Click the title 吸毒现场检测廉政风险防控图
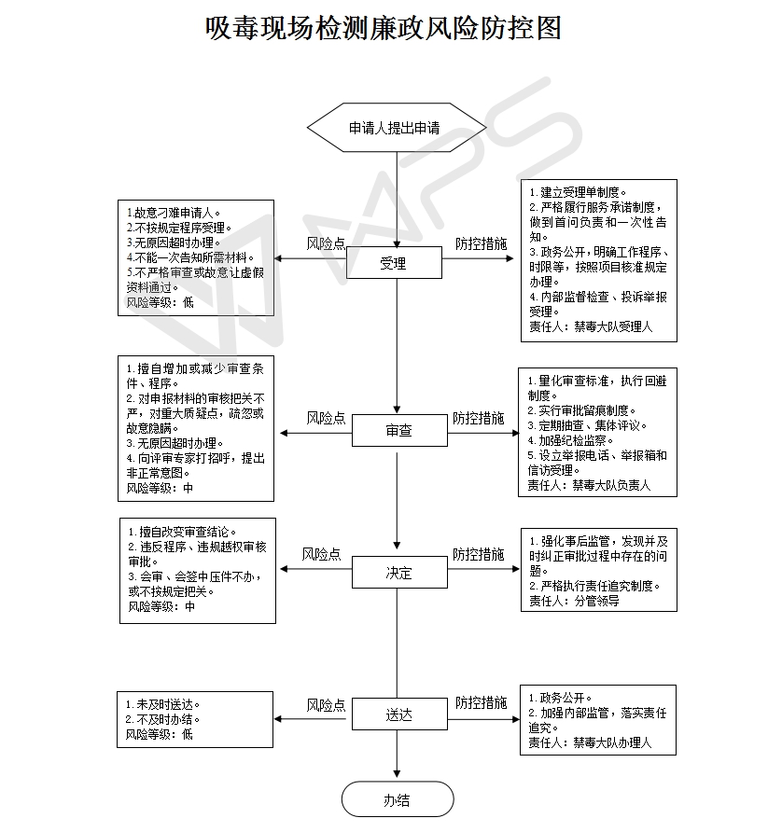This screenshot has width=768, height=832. point(384,28)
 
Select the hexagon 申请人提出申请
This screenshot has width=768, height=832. point(397,128)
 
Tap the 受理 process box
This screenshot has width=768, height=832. point(394,263)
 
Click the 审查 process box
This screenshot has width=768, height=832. point(399,430)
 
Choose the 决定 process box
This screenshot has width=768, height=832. point(399,572)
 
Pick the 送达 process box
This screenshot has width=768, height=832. point(399,714)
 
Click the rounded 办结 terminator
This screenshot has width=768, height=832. point(398,799)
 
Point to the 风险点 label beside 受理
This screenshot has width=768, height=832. point(326,243)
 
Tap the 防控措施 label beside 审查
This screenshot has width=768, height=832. point(478,418)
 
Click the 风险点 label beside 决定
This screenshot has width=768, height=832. point(321,554)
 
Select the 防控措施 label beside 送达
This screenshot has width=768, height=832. point(481,702)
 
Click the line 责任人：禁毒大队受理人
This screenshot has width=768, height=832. point(591,326)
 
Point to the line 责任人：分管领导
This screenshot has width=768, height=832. point(574,601)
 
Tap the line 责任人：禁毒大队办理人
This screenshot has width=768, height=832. point(590,742)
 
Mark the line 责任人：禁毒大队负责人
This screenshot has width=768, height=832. point(589,485)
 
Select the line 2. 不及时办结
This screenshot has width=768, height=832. point(162,719)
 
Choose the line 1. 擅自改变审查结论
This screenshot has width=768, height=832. point(182,532)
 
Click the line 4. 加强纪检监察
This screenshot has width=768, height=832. point(570,440)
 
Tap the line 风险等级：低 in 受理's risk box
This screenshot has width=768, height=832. point(161,302)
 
